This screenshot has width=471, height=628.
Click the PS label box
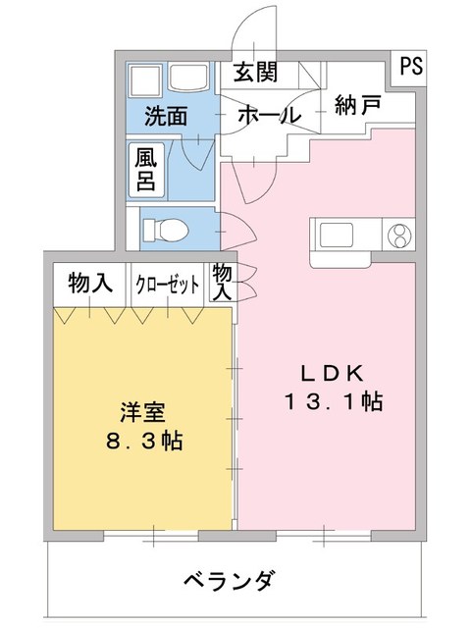(409, 67)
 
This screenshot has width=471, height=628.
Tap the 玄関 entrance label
(255, 73)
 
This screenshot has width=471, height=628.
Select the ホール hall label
(267, 115)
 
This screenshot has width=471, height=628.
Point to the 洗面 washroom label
(166, 116)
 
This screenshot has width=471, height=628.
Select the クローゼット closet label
(167, 285)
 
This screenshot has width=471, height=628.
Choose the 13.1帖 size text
(333, 401)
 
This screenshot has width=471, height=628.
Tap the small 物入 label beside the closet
(222, 282)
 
